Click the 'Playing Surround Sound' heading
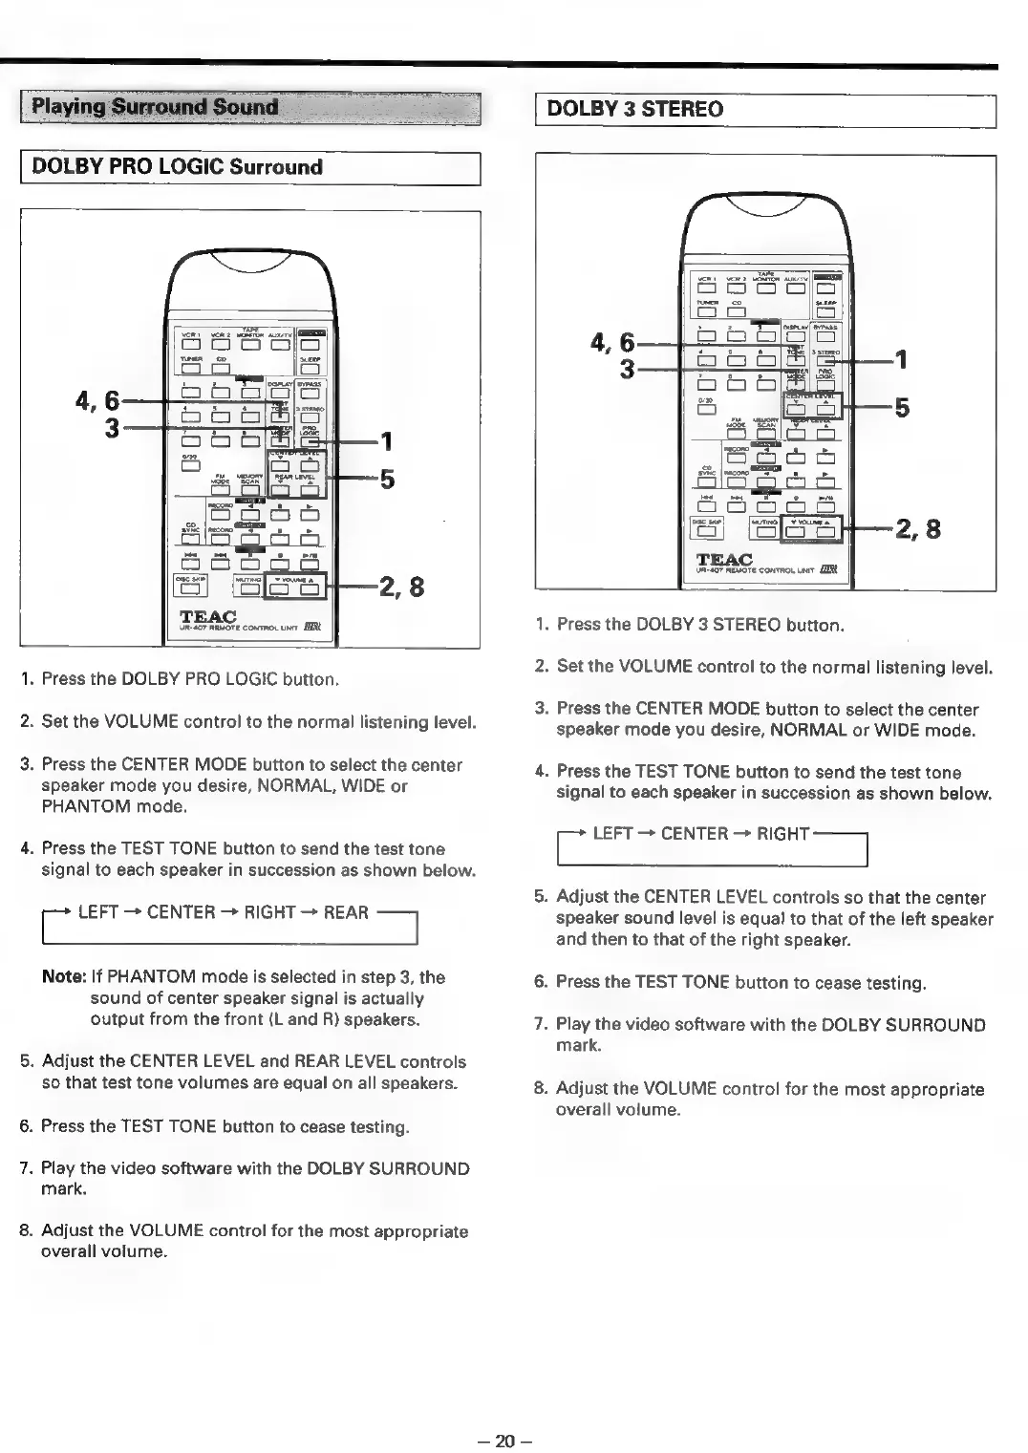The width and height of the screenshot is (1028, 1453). [x=155, y=107]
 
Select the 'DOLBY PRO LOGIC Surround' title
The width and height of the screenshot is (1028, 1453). [x=177, y=167]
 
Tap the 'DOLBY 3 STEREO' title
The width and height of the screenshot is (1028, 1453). [x=634, y=109]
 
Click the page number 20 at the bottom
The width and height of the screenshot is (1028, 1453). [x=504, y=1440]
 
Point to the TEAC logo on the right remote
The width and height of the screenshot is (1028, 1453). [x=724, y=560]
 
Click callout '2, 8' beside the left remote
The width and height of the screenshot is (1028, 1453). [x=401, y=585]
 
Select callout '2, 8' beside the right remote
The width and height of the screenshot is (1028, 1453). [x=917, y=527]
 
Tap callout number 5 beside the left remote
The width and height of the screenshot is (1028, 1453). [x=387, y=479]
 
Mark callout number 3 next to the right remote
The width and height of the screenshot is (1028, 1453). [x=627, y=368]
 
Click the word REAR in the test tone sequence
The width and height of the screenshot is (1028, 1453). [x=346, y=912]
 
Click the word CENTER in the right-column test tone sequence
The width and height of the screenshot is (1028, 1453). [x=695, y=834]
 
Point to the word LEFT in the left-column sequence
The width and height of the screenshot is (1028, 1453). [x=98, y=912]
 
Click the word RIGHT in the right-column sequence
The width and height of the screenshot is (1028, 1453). [x=782, y=834]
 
